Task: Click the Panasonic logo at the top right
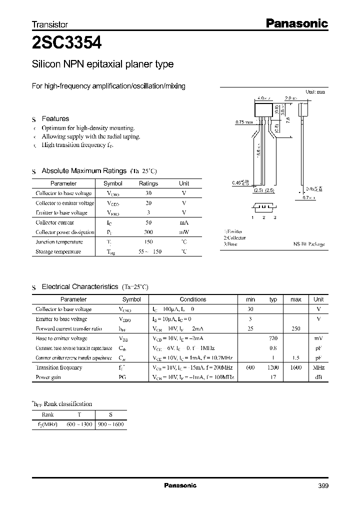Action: click(295, 23)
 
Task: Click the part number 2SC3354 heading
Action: click(67, 43)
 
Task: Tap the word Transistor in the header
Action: click(50, 24)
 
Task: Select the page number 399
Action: click(322, 485)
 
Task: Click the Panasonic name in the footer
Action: click(180, 485)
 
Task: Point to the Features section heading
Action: click(55, 118)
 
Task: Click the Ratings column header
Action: click(148, 183)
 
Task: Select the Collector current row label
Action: click(55, 222)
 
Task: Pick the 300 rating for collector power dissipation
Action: click(148, 232)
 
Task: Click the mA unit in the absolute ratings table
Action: click(184, 222)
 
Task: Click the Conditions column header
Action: click(192, 299)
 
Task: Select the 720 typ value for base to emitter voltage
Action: click(273, 338)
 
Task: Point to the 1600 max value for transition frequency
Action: click(295, 367)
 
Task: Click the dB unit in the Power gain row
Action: click(318, 377)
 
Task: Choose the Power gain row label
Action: click(48, 377)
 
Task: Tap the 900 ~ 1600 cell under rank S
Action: click(110, 424)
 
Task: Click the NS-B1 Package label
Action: click(309, 244)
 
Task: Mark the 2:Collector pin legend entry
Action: click(235, 238)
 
